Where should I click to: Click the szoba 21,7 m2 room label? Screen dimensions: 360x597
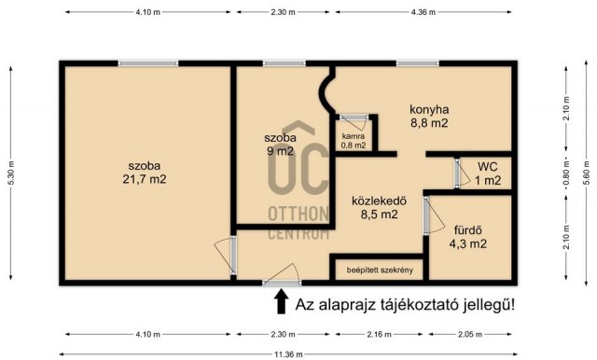pyautogui.click(x=147, y=173)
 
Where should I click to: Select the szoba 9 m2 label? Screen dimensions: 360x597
pyautogui.click(x=281, y=145)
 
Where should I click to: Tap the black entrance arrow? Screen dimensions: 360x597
pyautogui.click(x=279, y=301)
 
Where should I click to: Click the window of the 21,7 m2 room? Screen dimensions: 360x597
pyautogui.click(x=147, y=63)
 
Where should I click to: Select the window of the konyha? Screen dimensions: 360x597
pyautogui.click(x=410, y=63)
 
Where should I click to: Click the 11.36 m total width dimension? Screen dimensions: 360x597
pyautogui.click(x=285, y=353)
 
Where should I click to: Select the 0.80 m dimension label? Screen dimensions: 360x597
pyautogui.click(x=565, y=173)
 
